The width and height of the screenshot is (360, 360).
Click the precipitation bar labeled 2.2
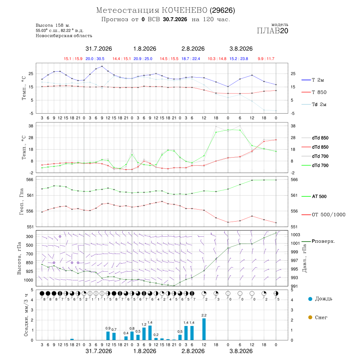pos(204,329)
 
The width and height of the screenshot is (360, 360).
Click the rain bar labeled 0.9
pos(108,336)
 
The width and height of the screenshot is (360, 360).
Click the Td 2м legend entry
pos(314,104)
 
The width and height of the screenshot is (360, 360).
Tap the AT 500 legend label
pos(319,196)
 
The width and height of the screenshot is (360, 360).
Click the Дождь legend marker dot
pos(310,299)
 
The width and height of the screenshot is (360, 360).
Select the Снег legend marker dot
pos(310,317)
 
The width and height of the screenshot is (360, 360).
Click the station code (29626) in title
pos(222,10)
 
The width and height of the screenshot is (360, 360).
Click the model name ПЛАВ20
pos(272,31)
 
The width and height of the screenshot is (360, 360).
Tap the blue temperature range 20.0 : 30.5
pos(95,59)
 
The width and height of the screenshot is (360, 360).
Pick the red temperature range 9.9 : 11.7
pos(266,59)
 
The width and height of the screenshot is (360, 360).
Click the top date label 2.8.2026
pos(193,49)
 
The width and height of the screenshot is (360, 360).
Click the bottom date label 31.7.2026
pos(99,351)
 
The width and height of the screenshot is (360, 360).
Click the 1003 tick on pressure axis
pos(295,235)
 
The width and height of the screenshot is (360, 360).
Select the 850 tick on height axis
pos(29,263)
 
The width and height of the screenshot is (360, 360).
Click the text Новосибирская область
pos(64,36)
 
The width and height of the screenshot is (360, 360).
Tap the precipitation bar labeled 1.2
pos(144,334)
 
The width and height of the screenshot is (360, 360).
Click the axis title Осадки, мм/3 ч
pos(26,315)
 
